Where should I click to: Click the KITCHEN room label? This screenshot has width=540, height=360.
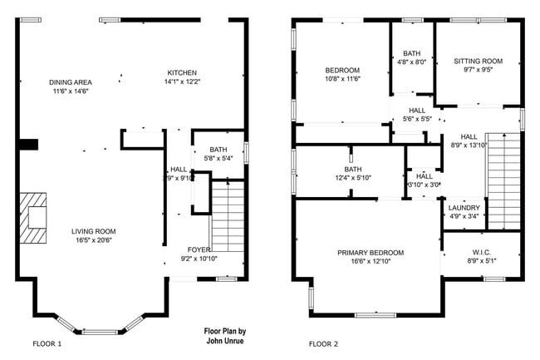click(182, 72)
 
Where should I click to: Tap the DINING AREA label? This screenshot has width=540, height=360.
click(71, 81)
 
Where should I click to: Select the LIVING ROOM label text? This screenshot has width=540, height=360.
click(93, 231)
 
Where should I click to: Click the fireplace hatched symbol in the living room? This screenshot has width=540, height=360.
click(35, 218)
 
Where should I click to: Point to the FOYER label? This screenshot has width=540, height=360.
click(198, 249)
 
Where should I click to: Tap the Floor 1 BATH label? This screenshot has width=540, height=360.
click(218, 149)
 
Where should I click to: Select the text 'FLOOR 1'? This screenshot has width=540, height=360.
click(47, 343)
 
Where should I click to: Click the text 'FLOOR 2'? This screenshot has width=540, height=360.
click(324, 343)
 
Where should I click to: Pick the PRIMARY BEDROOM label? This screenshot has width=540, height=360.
click(371, 253)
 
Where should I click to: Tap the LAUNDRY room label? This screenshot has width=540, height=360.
click(464, 208)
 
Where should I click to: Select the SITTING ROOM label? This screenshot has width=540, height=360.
click(479, 61)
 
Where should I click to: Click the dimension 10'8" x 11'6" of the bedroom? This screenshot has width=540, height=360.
click(341, 79)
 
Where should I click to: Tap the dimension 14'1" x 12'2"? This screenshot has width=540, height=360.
click(182, 81)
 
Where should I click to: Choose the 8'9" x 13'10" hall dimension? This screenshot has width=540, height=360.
click(469, 145)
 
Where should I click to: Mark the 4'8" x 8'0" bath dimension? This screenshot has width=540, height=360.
click(412, 62)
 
